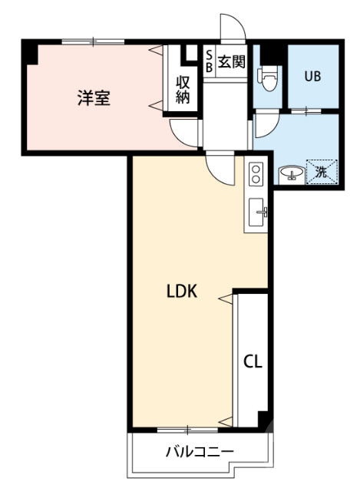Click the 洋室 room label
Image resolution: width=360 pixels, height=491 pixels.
[93, 98]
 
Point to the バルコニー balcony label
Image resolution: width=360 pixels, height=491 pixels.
[200, 452]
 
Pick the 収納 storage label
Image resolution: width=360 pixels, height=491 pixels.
[183, 89]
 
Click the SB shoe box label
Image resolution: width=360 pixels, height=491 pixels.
[208, 61]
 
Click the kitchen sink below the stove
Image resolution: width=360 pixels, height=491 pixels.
[258, 209]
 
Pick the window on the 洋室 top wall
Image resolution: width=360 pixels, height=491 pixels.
[93, 41]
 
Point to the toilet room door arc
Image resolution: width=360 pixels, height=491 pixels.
[264, 124]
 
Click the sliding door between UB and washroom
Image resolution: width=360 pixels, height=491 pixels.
[310, 111]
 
